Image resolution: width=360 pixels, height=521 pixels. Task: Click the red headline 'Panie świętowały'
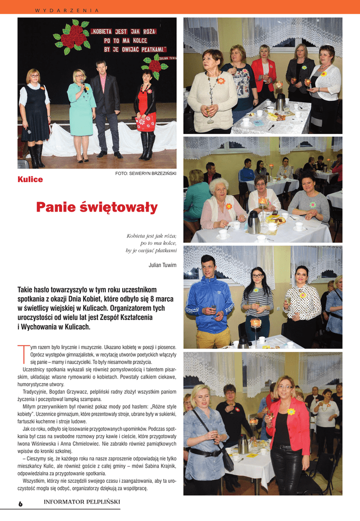tap(97, 208)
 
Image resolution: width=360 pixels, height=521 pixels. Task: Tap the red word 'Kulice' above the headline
tap(30, 179)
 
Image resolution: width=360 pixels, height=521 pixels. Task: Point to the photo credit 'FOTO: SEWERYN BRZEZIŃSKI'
tap(146, 174)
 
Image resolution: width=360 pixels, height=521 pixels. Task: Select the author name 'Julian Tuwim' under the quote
tap(162, 265)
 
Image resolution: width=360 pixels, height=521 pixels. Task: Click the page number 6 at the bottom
tap(21, 503)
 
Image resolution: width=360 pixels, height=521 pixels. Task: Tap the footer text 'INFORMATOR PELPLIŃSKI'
tap(81, 502)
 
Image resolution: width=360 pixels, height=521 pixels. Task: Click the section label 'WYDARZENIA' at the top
tap(67, 10)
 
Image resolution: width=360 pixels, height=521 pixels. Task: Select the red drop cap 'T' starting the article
tap(22, 355)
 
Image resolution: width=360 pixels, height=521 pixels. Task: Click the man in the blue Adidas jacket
tap(209, 303)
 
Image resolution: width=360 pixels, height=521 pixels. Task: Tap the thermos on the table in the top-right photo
tap(281, 102)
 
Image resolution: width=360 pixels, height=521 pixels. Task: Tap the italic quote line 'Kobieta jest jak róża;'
tap(151, 236)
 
